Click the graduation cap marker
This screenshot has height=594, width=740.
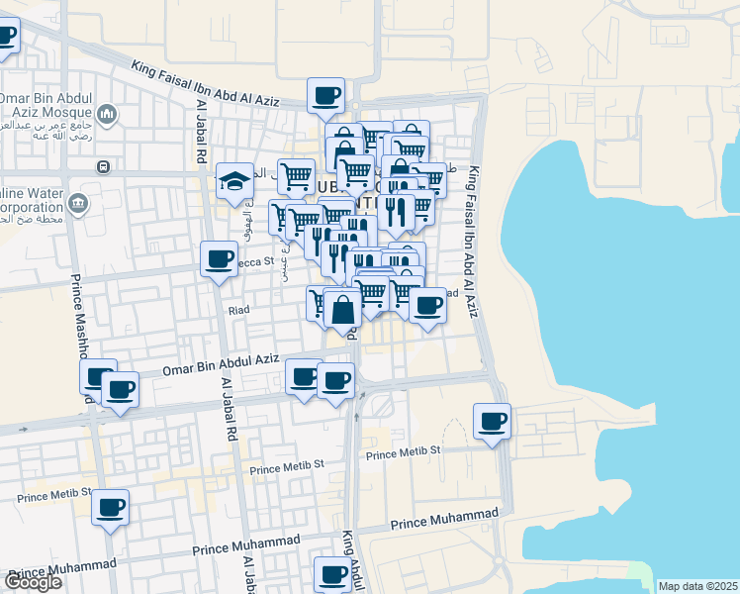235,181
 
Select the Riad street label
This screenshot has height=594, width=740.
238,310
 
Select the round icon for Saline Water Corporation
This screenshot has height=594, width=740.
77,205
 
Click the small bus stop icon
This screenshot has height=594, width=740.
102,166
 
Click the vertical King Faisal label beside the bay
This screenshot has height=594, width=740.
474,238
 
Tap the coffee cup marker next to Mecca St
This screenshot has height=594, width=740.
219,260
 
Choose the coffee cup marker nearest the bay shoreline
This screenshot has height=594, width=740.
492,422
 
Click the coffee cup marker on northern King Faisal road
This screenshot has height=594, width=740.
325,96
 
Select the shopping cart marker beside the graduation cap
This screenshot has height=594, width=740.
296,177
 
